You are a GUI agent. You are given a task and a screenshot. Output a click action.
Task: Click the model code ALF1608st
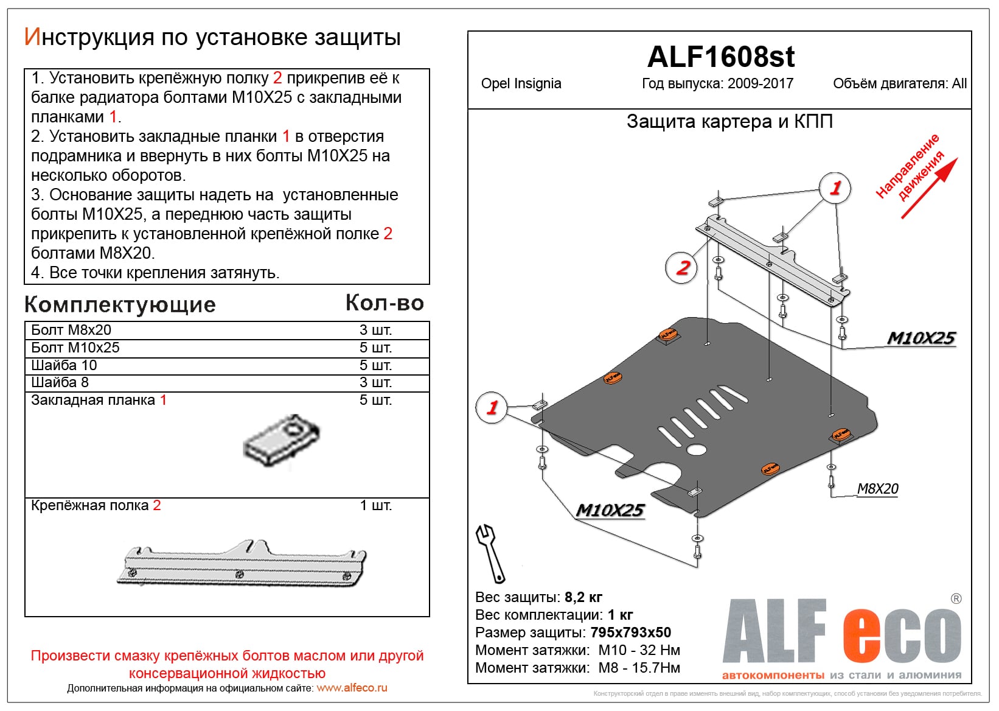[x=720, y=57]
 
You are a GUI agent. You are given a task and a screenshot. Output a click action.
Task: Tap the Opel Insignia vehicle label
[x=521, y=84]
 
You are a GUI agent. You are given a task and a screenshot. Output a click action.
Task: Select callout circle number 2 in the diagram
[x=683, y=267]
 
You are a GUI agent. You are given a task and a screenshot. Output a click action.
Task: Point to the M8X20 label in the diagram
[x=877, y=489]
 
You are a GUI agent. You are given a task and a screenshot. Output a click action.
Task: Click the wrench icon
[x=490, y=553]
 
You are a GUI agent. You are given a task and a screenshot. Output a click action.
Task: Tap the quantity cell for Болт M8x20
[x=375, y=331]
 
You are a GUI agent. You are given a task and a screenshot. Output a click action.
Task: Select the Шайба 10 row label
[x=64, y=365]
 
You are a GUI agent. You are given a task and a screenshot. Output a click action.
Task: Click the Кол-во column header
[x=385, y=303]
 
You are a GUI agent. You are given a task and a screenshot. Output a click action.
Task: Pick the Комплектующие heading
[x=120, y=305]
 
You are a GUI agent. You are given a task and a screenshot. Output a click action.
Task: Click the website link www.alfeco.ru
[x=352, y=688]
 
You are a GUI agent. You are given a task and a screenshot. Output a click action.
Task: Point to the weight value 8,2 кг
[x=583, y=597]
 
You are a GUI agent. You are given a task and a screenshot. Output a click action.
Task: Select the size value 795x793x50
[x=630, y=632]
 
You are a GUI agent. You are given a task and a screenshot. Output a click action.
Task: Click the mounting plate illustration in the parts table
[x=282, y=440]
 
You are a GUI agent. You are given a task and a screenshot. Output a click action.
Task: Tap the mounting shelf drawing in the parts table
[x=242, y=564]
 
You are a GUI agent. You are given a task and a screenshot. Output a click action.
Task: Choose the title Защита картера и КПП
[x=729, y=122]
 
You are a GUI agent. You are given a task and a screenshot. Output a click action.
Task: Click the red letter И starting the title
[x=32, y=37]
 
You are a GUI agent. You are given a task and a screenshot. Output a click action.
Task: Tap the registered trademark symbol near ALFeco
[x=956, y=598]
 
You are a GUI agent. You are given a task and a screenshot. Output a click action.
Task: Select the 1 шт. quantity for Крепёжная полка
[x=375, y=506]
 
